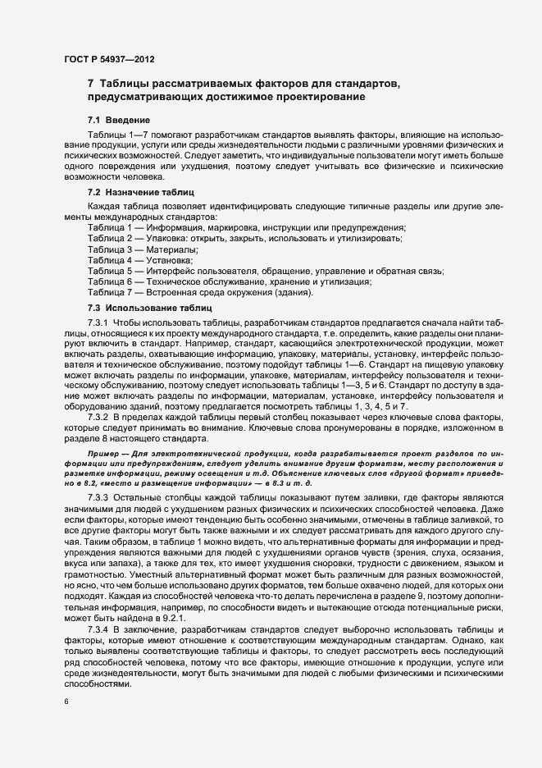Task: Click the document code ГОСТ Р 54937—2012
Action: [x=109, y=59]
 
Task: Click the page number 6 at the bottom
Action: [x=66, y=702]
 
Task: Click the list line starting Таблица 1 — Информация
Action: [x=246, y=226]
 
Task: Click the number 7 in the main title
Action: [x=91, y=85]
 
